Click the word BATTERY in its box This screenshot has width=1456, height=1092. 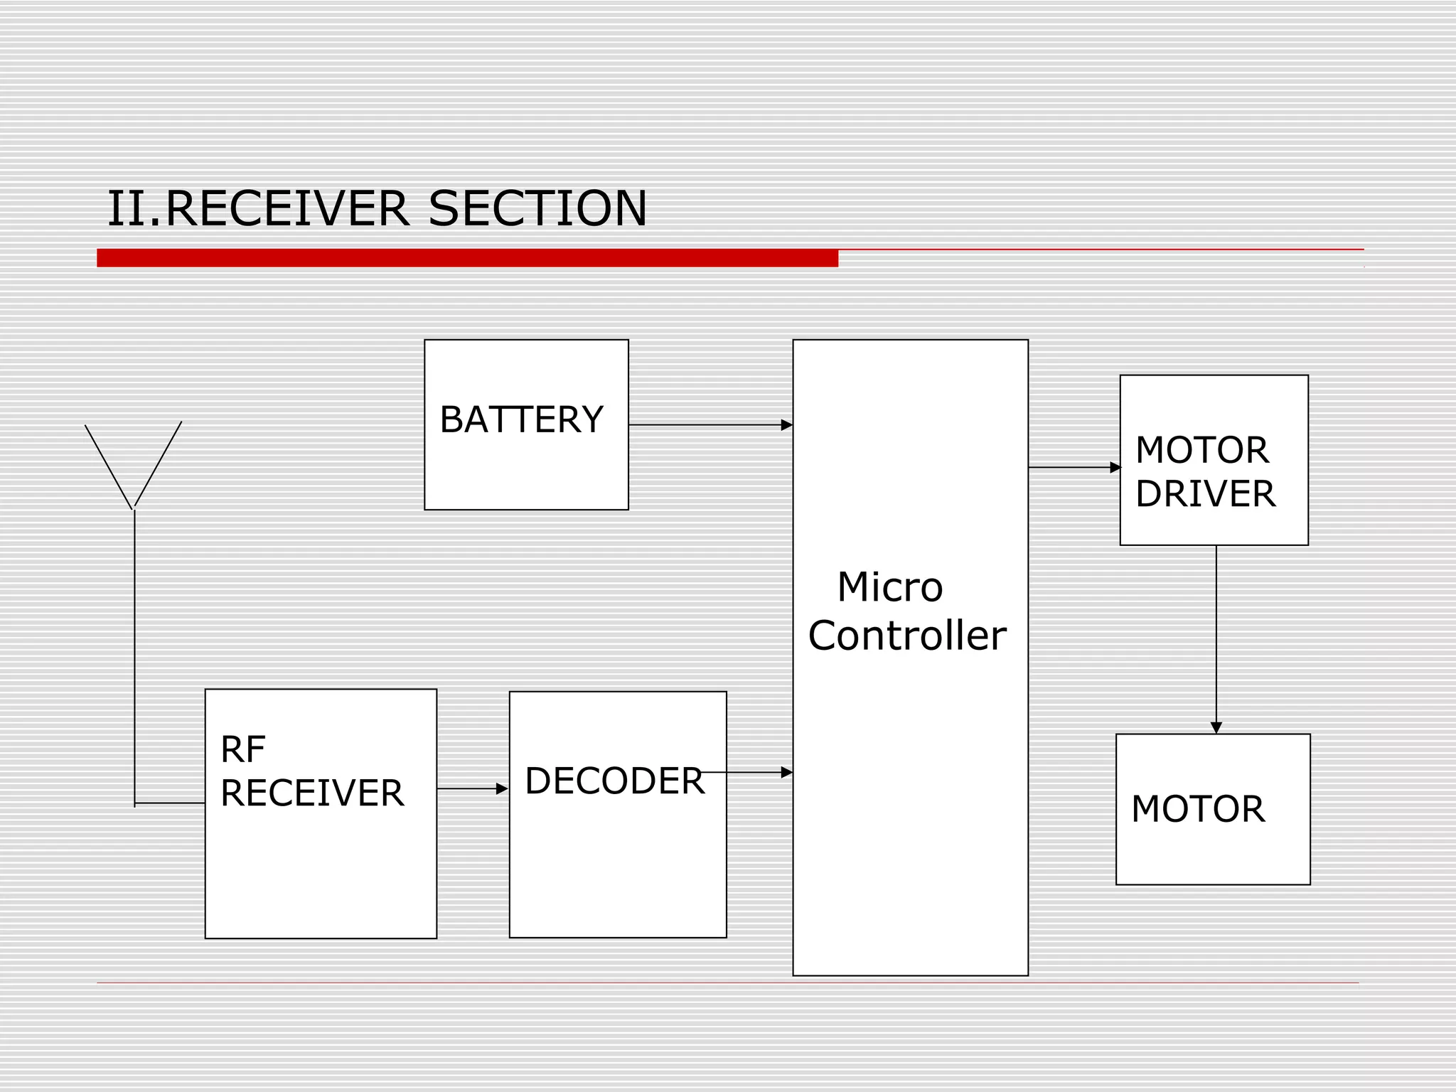point(521,419)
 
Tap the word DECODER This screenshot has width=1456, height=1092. point(614,781)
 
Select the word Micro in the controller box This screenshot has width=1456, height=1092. point(889,587)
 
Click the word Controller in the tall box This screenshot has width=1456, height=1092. point(906,635)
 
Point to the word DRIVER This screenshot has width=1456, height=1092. point(1205,494)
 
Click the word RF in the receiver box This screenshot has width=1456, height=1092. point(243,749)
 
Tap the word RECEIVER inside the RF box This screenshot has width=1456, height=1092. point(311,793)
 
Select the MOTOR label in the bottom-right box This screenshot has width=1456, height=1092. point(1197,809)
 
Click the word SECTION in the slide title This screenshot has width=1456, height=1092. point(537,209)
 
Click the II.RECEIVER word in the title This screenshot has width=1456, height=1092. point(258,209)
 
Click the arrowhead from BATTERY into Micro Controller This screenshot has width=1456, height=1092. point(786,425)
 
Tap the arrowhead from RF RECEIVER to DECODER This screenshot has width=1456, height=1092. point(502,788)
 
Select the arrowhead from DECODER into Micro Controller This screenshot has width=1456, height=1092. point(786,772)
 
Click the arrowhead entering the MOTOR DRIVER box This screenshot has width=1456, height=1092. point(1115,467)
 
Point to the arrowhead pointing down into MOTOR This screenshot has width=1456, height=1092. point(1216,727)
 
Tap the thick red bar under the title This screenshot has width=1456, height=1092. point(467,258)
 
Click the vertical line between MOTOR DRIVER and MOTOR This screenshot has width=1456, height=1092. point(1216,633)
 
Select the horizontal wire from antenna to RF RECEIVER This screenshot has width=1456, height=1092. point(169,803)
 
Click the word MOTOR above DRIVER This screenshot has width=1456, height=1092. point(1201,450)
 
